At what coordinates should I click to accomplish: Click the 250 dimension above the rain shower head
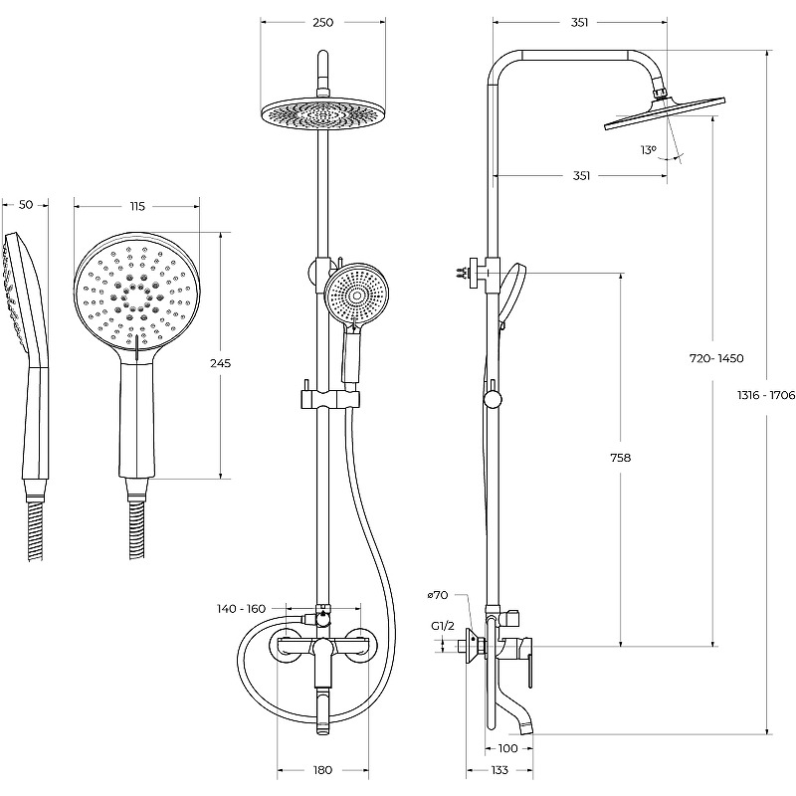click(x=321, y=22)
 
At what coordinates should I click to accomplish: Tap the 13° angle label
click(x=649, y=149)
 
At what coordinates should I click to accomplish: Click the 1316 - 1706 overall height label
click(x=766, y=395)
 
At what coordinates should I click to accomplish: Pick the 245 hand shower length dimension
click(x=221, y=363)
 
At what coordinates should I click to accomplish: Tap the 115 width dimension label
click(x=137, y=206)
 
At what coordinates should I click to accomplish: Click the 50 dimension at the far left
click(x=27, y=204)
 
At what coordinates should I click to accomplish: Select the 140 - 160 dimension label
click(x=243, y=607)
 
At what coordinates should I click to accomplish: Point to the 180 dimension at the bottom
click(x=321, y=770)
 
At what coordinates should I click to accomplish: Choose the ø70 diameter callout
click(x=438, y=595)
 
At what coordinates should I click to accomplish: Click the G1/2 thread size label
click(x=443, y=626)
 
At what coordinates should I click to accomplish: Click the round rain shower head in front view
click(x=321, y=112)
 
